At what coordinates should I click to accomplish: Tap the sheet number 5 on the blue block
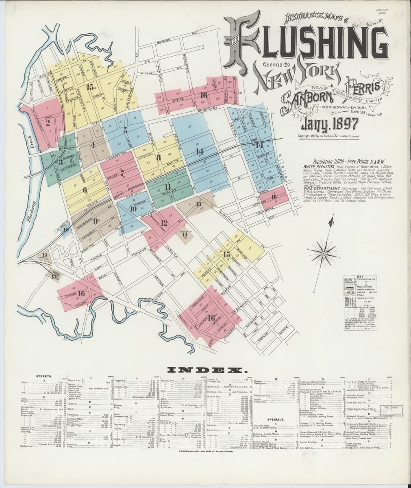coord(125,130)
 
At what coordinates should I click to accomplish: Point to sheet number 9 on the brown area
coord(95,221)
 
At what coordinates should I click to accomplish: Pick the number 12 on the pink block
coord(164,223)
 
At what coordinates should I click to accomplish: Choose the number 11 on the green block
coord(167,187)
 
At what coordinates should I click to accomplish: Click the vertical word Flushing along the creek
coord(30,211)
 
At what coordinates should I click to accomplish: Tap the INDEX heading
coord(206,370)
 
